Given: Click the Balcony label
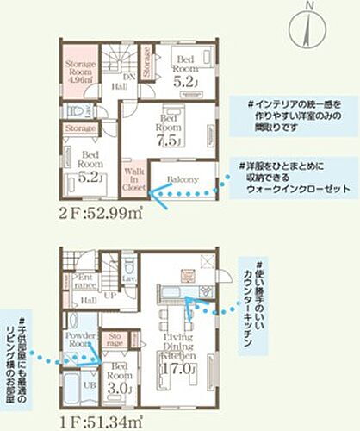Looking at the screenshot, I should coord(181,179).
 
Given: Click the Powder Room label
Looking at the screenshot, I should coord(79,338).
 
